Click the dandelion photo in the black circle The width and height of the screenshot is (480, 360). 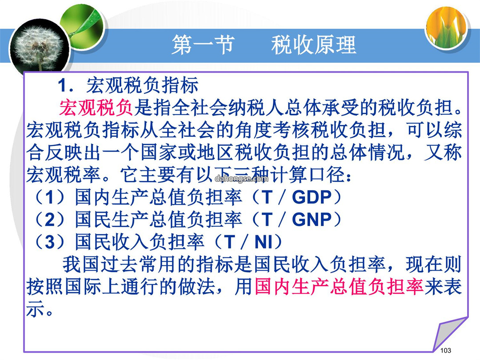39,48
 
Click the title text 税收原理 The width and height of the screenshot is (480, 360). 313,45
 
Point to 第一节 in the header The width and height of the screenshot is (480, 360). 203,45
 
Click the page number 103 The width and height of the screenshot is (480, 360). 445,351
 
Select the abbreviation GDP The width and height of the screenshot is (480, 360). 312,197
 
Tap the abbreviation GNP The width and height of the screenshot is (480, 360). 312,220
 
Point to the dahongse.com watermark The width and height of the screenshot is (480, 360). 241,179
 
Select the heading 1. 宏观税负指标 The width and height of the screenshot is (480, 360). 128,85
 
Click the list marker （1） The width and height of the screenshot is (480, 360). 50,197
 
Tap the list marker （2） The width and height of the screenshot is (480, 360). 50,220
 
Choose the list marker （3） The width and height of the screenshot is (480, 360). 50,242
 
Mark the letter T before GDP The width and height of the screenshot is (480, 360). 267,197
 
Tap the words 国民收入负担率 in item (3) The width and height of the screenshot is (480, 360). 140,242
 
